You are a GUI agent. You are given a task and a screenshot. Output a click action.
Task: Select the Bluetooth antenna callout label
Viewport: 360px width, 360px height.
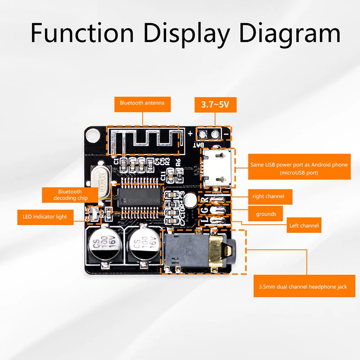pos(142,103)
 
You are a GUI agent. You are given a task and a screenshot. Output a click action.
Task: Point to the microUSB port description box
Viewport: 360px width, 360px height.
pos(299,168)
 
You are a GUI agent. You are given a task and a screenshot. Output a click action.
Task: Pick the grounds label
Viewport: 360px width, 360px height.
pos(266,214)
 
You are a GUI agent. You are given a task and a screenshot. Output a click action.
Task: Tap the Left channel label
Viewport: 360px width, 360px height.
pos(305,225)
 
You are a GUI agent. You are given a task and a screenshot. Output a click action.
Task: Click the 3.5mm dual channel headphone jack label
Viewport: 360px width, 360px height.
pos(302,287)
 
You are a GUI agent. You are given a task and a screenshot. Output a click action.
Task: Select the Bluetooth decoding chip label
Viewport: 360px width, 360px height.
pos(70,195)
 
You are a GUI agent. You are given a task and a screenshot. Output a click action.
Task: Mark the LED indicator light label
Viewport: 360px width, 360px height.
pos(45,216)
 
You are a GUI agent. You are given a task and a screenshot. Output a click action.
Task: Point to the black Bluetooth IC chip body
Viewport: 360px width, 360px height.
pos(139,197)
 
